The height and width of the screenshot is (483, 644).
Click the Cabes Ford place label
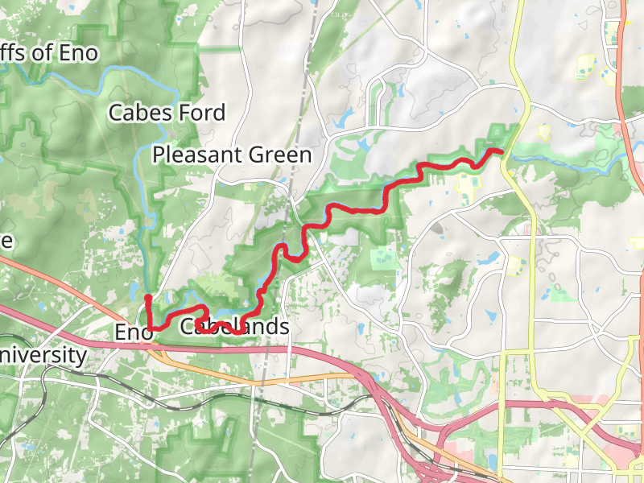[x=167, y=112]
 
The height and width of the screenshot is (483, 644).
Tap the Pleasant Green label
[x=232, y=155]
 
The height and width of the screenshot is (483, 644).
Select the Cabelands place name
[x=233, y=327]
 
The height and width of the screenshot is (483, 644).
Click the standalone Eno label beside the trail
[x=133, y=332]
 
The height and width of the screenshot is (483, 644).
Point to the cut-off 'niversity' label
[x=43, y=355]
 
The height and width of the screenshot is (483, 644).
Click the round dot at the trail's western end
[x=148, y=299]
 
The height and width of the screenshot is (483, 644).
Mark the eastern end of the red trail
[x=500, y=151]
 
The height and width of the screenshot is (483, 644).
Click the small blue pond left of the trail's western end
[x=130, y=284]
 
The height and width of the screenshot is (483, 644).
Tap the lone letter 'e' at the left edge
[x=6, y=241]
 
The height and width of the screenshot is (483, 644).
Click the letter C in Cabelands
[x=187, y=327]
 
